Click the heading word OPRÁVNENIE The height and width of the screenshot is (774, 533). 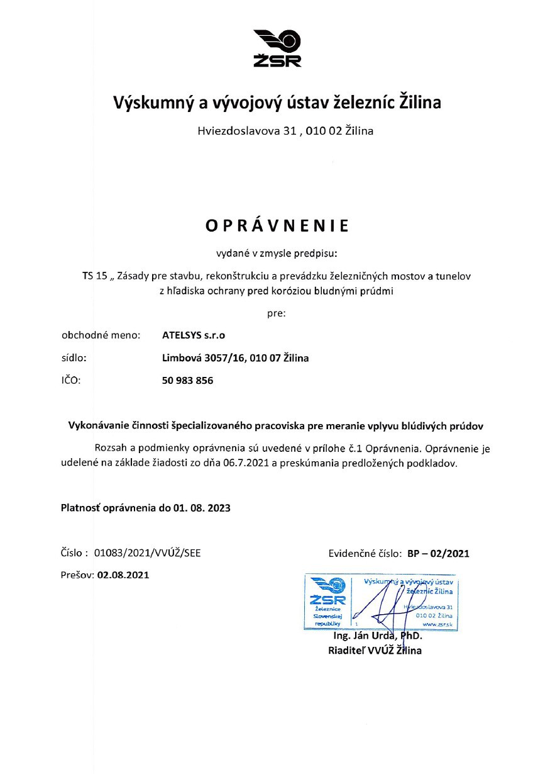(x=277, y=225)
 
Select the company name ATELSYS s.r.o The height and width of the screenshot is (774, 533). (x=194, y=335)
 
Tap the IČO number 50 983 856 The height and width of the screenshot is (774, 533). (x=187, y=381)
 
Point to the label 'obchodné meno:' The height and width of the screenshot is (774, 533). (x=101, y=335)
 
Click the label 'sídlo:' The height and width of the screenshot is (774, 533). (x=74, y=358)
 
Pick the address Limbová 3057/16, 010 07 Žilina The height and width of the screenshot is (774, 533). (x=235, y=358)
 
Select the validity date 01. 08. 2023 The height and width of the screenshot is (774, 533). (x=202, y=507)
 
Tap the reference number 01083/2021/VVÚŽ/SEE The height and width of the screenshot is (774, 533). (x=148, y=554)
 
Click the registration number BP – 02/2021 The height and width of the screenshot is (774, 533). (x=438, y=554)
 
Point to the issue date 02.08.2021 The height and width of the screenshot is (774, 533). (x=123, y=575)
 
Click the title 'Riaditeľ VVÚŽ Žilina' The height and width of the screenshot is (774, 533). (x=375, y=651)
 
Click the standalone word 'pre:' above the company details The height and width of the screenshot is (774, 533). (x=277, y=313)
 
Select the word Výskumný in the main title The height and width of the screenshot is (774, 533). (x=147, y=102)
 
